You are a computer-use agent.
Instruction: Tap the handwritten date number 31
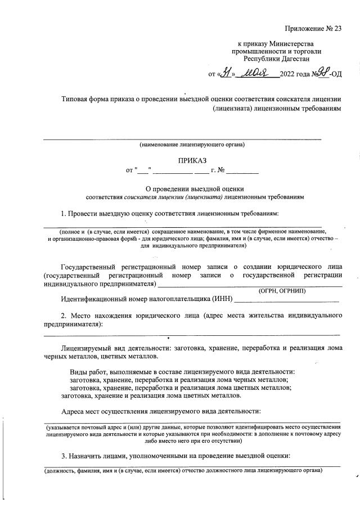225,73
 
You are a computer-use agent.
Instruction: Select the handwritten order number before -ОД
322,72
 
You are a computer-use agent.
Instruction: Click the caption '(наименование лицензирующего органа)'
192,145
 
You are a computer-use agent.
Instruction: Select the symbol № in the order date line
221,169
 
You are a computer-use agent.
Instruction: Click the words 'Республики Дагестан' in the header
276,59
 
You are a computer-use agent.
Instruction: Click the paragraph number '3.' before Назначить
65,455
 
